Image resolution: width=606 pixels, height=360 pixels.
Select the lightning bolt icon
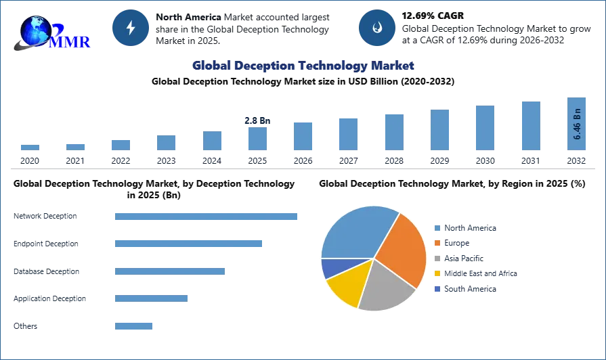[x=131, y=28]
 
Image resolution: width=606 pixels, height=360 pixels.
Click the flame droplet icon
[x=376, y=28]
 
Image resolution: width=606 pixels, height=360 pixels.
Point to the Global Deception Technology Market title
[x=303, y=66]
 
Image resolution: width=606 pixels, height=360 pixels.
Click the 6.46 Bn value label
[x=578, y=123]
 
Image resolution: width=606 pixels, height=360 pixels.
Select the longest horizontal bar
[x=205, y=217]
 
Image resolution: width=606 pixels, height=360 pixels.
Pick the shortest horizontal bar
[x=135, y=325]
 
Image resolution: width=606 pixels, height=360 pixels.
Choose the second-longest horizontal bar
[x=189, y=244]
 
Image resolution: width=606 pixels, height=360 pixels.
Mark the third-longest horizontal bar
[x=170, y=271]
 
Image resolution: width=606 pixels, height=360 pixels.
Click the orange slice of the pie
[x=403, y=247]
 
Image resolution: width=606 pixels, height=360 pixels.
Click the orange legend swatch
[x=438, y=244]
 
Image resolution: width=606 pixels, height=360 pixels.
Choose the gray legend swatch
[x=438, y=259]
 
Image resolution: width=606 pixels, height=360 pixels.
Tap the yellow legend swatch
[x=438, y=273]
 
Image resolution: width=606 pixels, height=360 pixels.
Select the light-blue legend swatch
[x=438, y=227]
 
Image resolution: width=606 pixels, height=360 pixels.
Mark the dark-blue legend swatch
[x=438, y=288]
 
